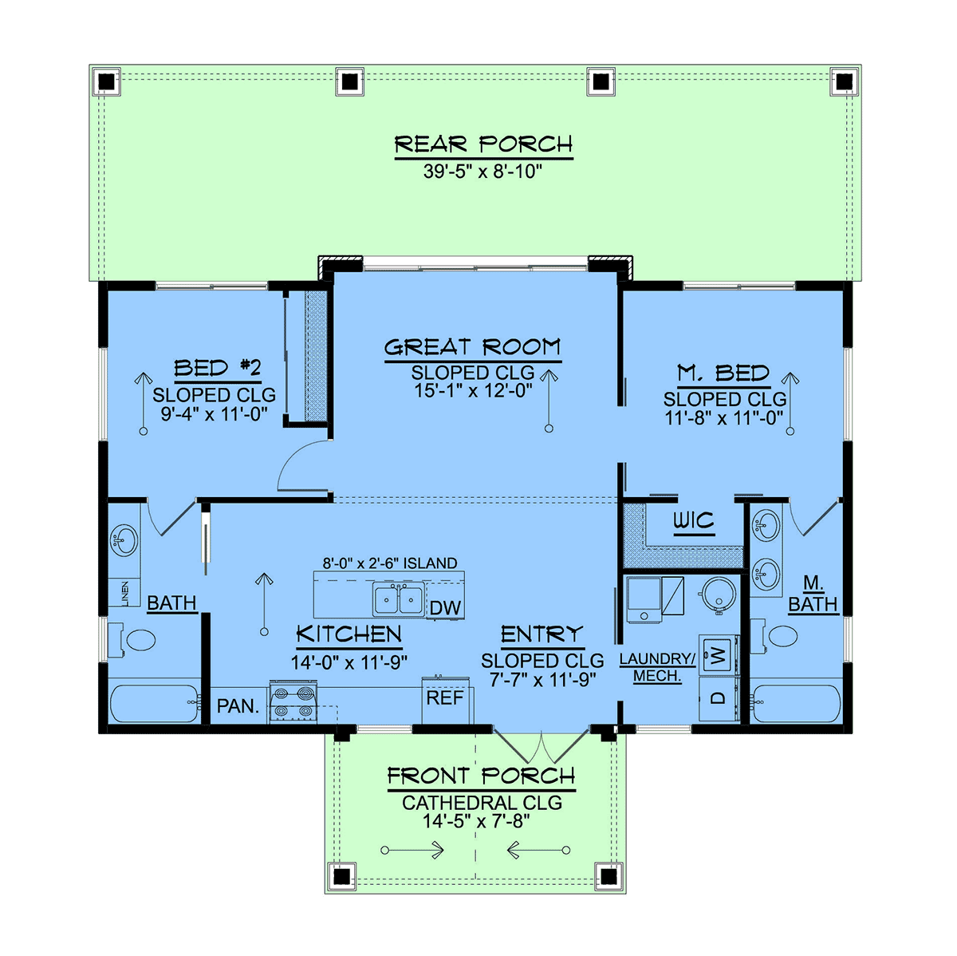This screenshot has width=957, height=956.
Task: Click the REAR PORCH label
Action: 483,144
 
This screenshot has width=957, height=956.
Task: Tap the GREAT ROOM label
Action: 472,347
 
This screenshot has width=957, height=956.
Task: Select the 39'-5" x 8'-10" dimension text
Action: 482,172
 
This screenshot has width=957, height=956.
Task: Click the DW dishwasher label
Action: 445,607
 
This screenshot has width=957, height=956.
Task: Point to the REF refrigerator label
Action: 445,697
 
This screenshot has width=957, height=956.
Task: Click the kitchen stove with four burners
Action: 293,702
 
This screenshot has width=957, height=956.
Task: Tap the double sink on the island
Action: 398,600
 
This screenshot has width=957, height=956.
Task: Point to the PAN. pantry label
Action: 238,705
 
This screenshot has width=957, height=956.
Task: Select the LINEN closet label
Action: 124,593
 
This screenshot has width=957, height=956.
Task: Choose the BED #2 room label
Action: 218,368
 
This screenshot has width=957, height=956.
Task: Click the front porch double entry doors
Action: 541,748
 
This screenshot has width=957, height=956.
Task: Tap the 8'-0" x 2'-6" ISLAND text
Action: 390,563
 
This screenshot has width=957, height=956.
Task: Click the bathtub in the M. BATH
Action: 795,703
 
